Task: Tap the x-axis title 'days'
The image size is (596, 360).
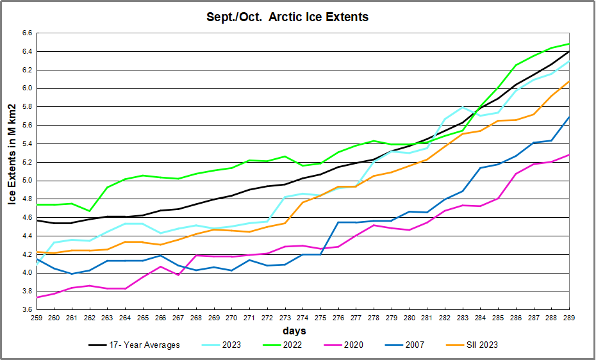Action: pos(295,331)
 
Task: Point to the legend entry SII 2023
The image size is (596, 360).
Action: pos(478,345)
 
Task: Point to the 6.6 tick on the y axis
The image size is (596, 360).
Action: pos(27,33)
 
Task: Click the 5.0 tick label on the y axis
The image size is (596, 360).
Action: pos(27,181)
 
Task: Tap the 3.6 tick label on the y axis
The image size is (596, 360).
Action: pos(27,310)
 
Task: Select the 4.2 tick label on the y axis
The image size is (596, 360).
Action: pos(27,254)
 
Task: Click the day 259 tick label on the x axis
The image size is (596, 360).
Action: pos(38,318)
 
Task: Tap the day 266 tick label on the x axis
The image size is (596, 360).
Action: pos(162,318)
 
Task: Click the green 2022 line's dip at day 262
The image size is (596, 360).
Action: pos(90,211)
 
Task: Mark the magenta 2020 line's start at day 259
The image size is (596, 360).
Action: pos(37,297)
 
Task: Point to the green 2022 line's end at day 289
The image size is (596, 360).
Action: pos(569,44)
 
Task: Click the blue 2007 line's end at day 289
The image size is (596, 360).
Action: pos(569,117)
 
